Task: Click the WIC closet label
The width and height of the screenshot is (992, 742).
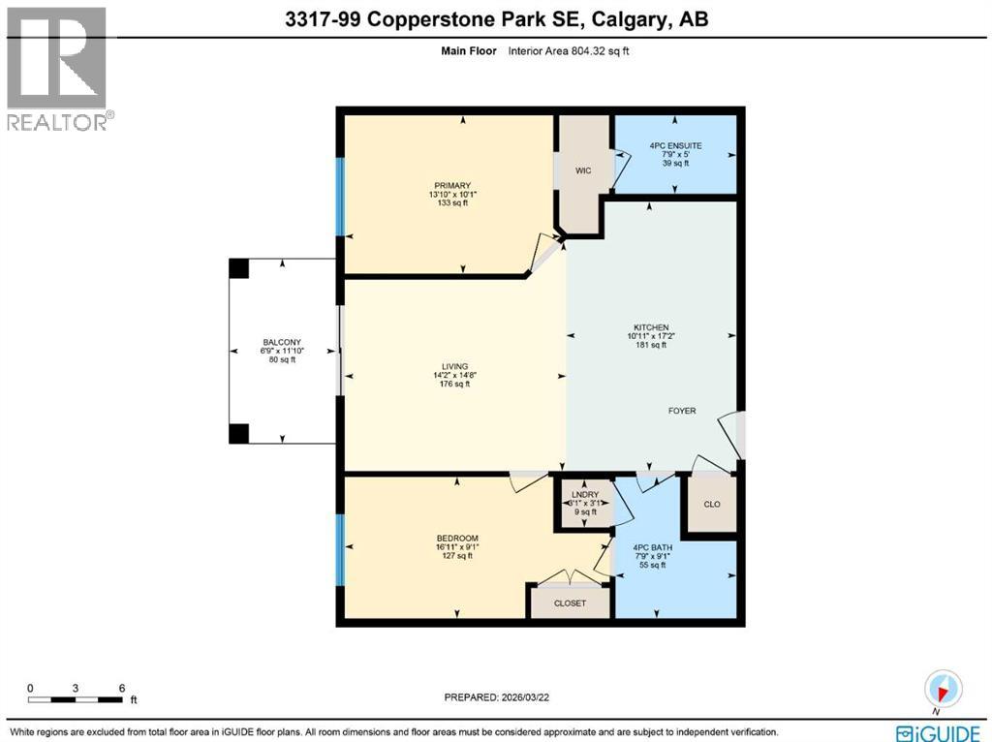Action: coord(583,170)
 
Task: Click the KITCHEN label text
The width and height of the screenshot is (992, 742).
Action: coord(651,327)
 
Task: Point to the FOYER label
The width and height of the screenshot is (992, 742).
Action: coord(682,410)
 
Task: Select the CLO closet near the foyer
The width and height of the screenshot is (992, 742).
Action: coord(712,505)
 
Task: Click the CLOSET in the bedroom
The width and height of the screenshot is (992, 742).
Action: coord(571,603)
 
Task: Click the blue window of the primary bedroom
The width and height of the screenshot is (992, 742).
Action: coord(340,197)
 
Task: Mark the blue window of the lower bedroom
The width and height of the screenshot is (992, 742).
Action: coord(340,549)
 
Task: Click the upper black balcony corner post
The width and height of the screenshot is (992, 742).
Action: coord(238,268)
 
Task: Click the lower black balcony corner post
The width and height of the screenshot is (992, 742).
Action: coord(238,433)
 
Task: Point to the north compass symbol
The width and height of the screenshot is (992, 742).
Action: coord(943,688)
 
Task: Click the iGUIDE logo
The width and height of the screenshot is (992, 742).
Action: coord(937,732)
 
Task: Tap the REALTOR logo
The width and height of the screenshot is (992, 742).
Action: coord(58,68)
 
